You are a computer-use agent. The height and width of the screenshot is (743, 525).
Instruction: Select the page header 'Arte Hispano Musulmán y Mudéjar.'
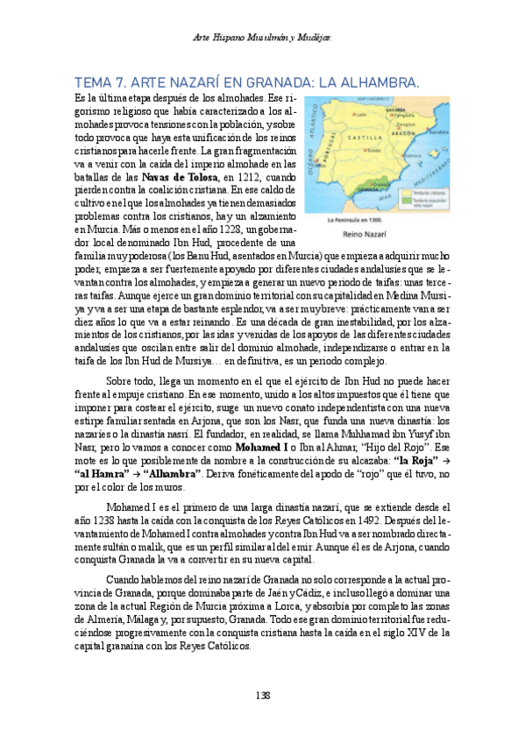point(261,38)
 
